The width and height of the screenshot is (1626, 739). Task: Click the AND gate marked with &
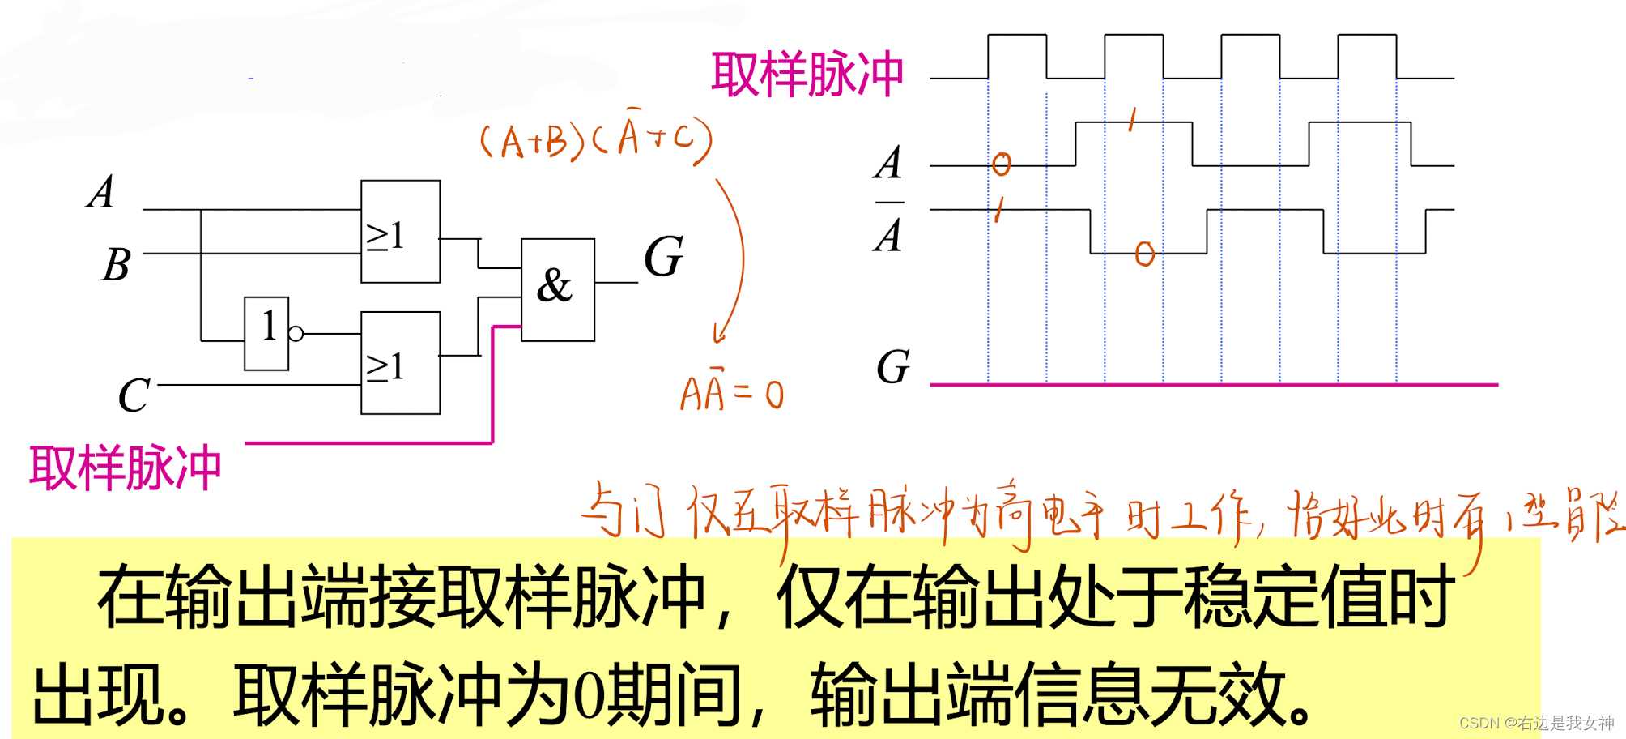click(x=557, y=289)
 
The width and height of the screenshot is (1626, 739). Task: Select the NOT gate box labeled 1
click(x=266, y=333)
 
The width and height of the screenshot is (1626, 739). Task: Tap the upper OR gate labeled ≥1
click(x=400, y=232)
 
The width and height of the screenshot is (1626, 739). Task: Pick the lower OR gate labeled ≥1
click(x=400, y=363)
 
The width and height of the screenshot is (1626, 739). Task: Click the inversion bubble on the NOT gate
click(x=296, y=333)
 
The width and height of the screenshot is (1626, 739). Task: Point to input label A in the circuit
click(x=101, y=193)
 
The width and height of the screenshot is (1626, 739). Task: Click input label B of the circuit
click(x=116, y=264)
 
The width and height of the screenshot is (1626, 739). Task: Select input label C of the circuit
click(x=134, y=395)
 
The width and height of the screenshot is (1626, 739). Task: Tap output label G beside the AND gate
click(x=664, y=257)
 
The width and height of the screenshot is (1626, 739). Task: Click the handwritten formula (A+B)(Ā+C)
click(x=595, y=139)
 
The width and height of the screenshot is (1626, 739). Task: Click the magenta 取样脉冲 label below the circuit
click(x=126, y=468)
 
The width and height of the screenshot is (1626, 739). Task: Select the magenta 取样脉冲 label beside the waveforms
click(x=807, y=75)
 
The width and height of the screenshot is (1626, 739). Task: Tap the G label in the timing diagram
click(x=893, y=367)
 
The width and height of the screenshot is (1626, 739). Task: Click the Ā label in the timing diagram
click(x=888, y=232)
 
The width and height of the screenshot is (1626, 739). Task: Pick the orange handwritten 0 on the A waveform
click(x=1002, y=164)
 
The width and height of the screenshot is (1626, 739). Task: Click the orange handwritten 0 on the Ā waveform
click(x=1144, y=254)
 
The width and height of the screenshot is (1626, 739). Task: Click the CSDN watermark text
click(x=1536, y=722)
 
